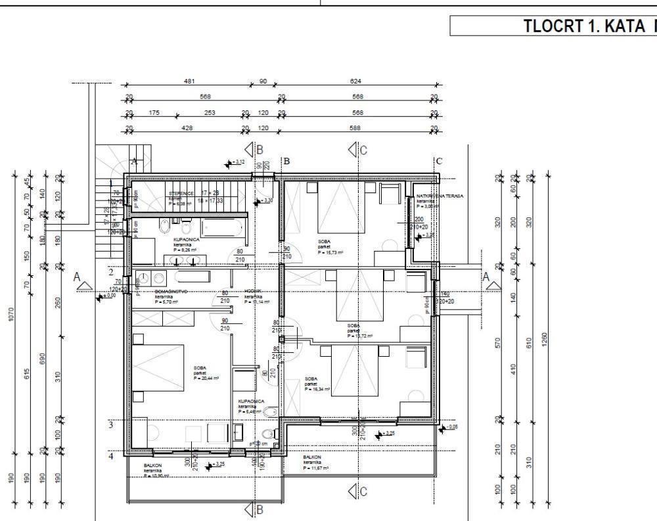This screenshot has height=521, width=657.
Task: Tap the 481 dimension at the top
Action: pyautogui.click(x=189, y=81)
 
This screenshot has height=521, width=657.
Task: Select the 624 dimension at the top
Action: pyautogui.click(x=356, y=81)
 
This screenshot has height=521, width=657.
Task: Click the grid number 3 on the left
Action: pyautogui.click(x=111, y=425)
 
